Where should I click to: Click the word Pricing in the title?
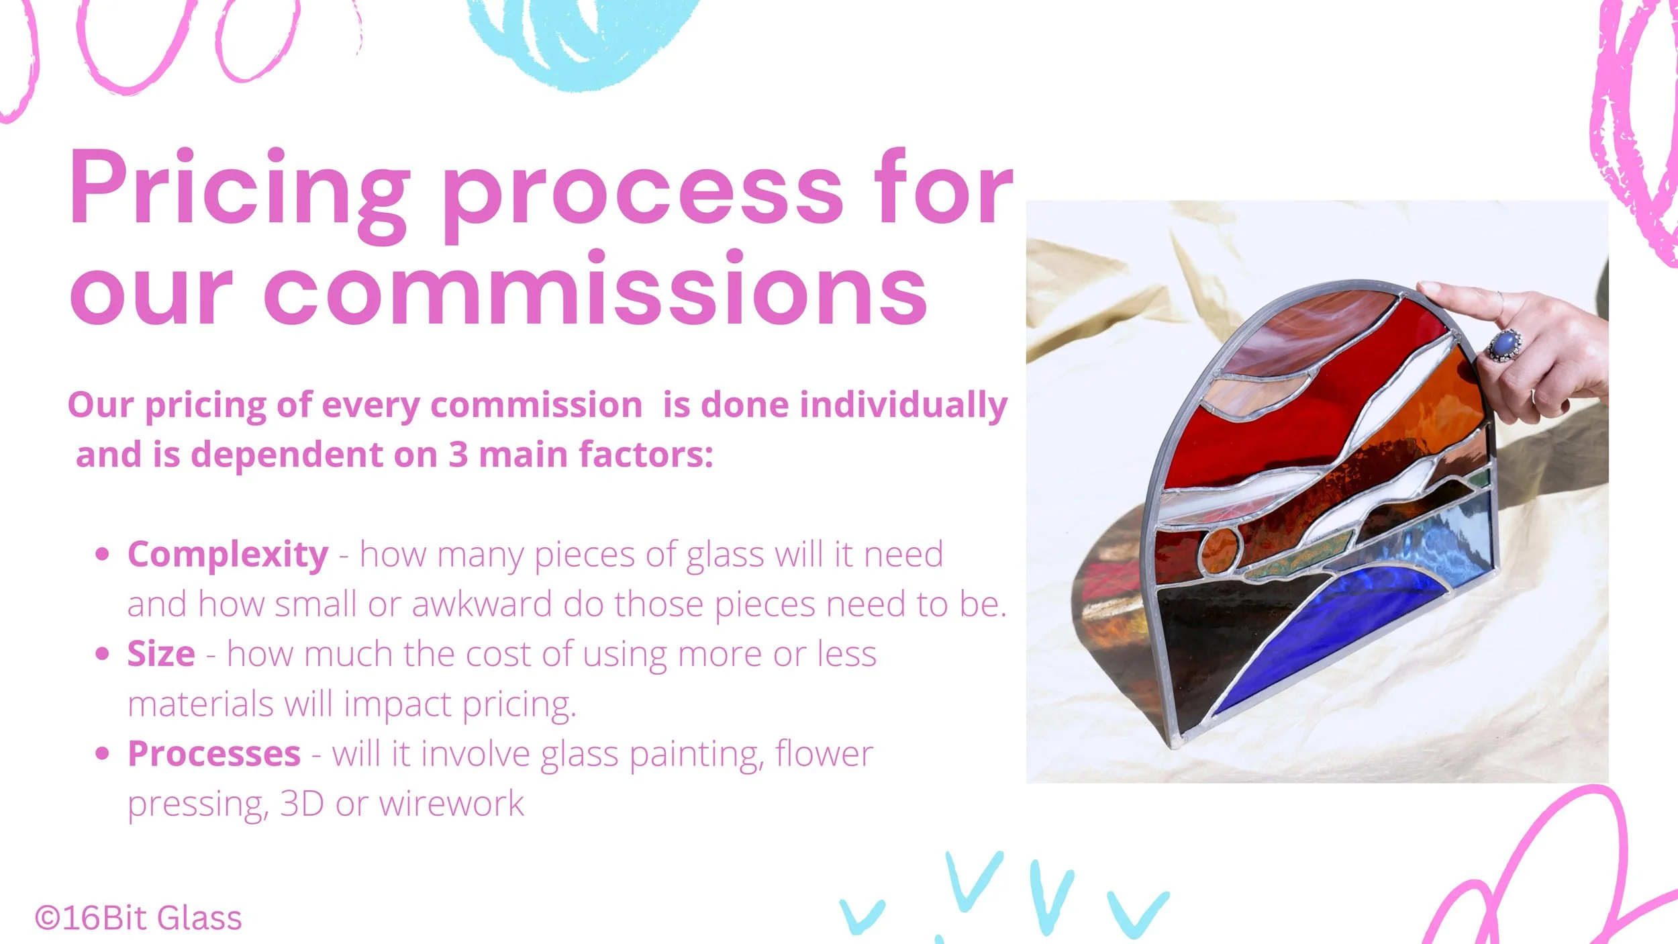tap(239, 195)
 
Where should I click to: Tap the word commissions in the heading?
tap(595, 289)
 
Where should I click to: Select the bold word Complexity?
tap(228, 555)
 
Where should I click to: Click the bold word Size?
tap(161, 653)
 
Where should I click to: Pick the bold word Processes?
tap(214, 753)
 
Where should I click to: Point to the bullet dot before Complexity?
tap(102, 554)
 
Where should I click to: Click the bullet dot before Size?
tap(102, 653)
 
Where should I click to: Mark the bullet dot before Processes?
tap(102, 753)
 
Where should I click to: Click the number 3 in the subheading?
tap(458, 455)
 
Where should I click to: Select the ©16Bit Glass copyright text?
tap(138, 918)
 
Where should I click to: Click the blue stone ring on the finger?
tap(1505, 344)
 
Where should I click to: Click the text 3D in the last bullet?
tap(302, 803)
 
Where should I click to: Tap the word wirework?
tap(452, 803)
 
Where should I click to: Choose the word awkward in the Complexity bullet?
tap(482, 604)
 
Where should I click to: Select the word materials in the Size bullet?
tap(201, 704)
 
